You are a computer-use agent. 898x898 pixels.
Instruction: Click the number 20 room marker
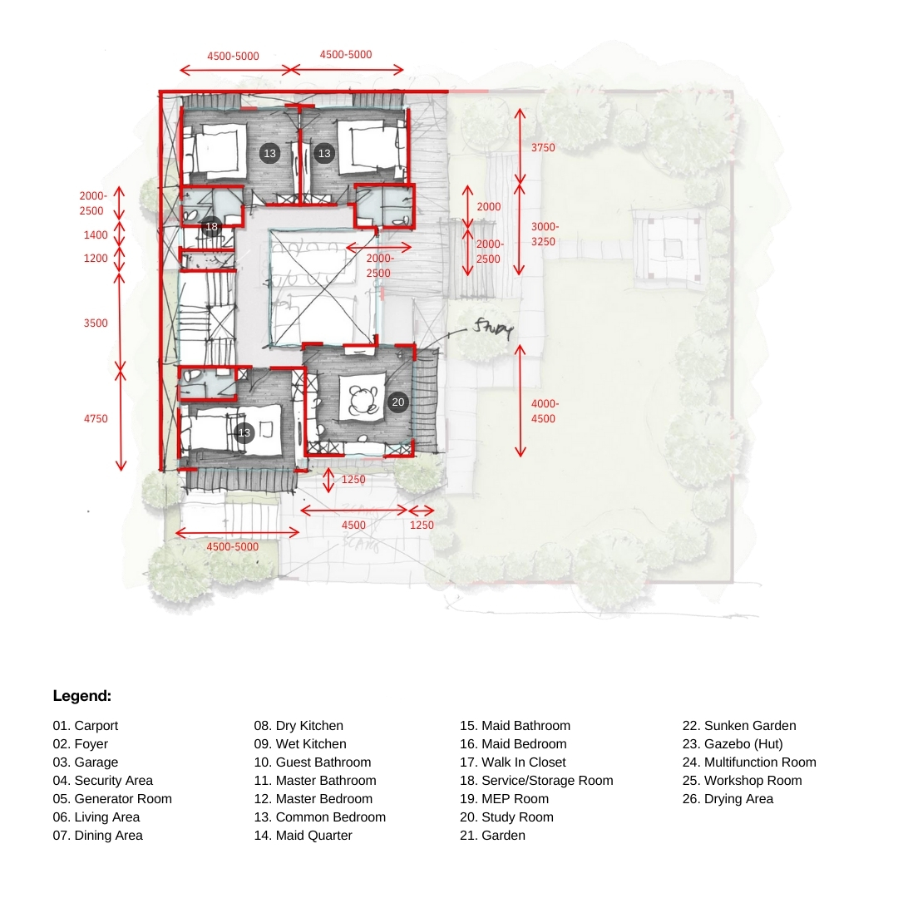pos(398,402)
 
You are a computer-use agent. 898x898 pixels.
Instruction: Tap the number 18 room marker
pos(211,226)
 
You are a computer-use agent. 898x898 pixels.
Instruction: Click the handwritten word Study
pos(492,328)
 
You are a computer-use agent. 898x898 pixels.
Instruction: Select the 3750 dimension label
pos(543,148)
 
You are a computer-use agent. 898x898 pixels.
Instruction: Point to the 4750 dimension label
pos(96,418)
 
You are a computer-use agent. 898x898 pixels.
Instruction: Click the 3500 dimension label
pos(96,323)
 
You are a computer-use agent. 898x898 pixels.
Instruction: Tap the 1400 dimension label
pos(96,234)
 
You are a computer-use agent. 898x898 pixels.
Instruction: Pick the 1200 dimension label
pos(96,259)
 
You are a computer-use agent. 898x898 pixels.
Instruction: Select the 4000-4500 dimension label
pos(544,412)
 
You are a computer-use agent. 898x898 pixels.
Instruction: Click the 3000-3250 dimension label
pos(544,234)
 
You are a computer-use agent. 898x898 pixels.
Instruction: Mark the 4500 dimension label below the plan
pos(353,525)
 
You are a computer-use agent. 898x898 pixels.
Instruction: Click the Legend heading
pos(81,696)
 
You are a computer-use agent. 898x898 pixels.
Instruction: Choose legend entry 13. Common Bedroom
pos(319,817)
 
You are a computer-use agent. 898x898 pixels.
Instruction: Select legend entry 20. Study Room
pos(506,817)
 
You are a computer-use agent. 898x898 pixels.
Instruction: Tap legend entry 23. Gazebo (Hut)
pos(733,744)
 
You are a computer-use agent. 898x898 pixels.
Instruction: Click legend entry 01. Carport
pos(86,726)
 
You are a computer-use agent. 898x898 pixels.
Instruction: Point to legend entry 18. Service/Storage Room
pos(536,781)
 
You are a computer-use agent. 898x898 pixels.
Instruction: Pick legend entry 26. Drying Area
pos(728,799)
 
